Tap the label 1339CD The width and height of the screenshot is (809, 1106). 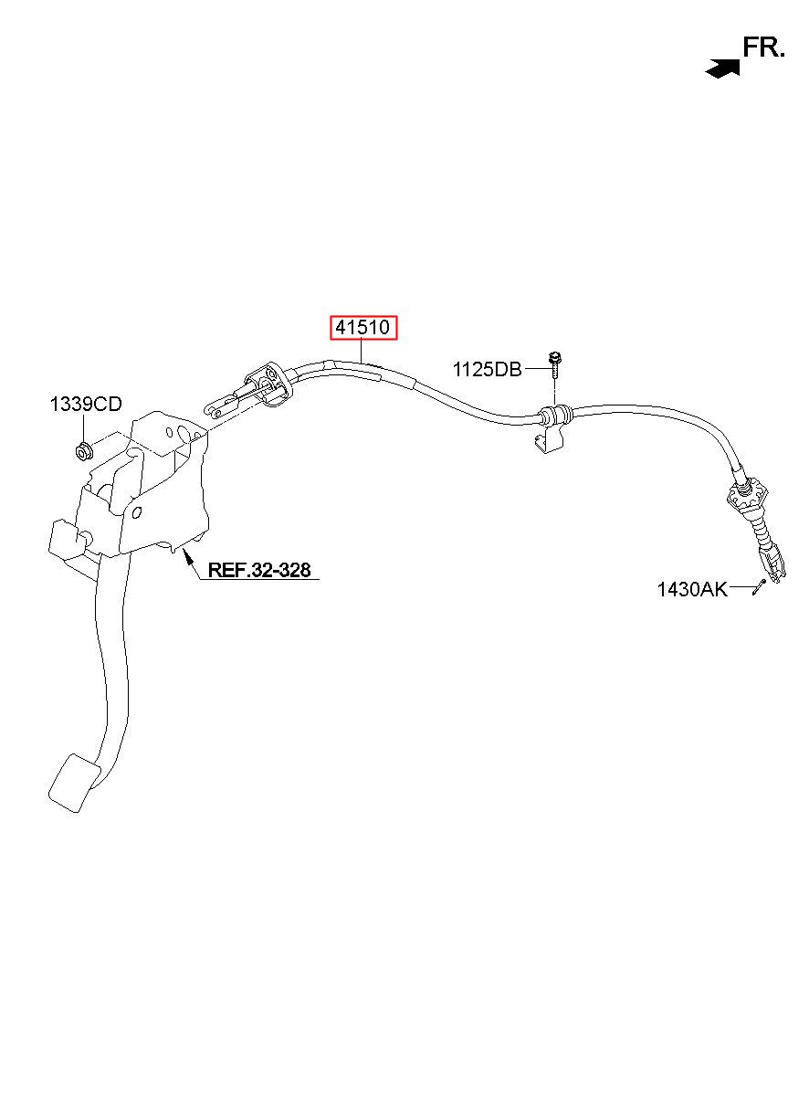(x=85, y=404)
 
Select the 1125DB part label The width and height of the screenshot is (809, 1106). (x=488, y=369)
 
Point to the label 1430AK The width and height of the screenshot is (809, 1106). (x=692, y=589)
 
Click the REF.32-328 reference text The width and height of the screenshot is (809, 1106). (x=259, y=570)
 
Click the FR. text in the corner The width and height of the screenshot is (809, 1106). (x=763, y=48)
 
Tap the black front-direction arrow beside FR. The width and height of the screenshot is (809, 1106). (x=723, y=68)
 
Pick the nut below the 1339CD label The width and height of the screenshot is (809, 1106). (x=84, y=449)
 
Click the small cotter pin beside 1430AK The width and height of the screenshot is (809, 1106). (x=759, y=587)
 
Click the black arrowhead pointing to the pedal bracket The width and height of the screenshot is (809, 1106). (x=188, y=555)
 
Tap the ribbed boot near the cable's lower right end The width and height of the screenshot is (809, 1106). (x=760, y=535)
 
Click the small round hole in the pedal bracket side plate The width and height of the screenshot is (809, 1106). (x=136, y=513)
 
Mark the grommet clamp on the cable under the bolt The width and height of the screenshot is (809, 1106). (x=553, y=416)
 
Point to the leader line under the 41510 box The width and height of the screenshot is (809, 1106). (x=362, y=352)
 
